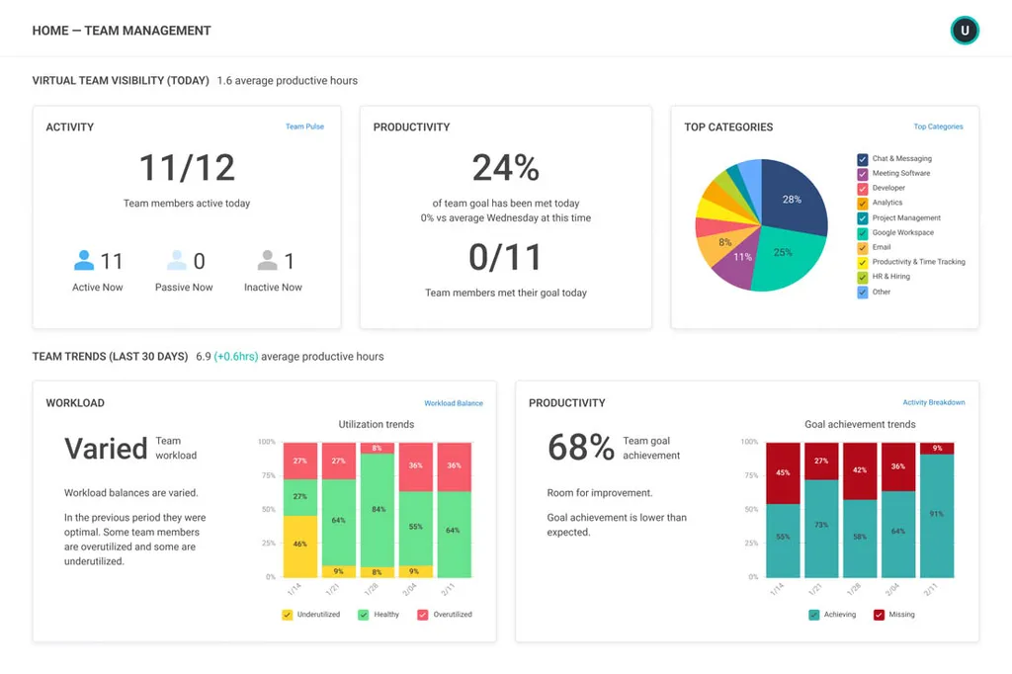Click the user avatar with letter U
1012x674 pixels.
point(965,31)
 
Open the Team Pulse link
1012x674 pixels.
point(304,126)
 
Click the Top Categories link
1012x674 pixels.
point(938,126)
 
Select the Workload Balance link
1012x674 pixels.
point(453,403)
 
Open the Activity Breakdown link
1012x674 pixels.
point(933,402)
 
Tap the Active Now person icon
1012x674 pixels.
point(84,260)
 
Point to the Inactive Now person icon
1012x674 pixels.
point(267,260)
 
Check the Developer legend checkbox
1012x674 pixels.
point(862,189)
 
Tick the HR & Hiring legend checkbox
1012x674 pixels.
point(862,277)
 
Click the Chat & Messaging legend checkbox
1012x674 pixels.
point(862,159)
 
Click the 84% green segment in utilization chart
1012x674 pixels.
point(377,510)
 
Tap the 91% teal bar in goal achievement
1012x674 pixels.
point(937,516)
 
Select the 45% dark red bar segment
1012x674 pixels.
point(783,473)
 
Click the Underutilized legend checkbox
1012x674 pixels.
point(288,615)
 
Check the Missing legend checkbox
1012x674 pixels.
point(879,615)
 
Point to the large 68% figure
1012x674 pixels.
point(581,448)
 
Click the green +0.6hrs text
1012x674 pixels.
point(236,357)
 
